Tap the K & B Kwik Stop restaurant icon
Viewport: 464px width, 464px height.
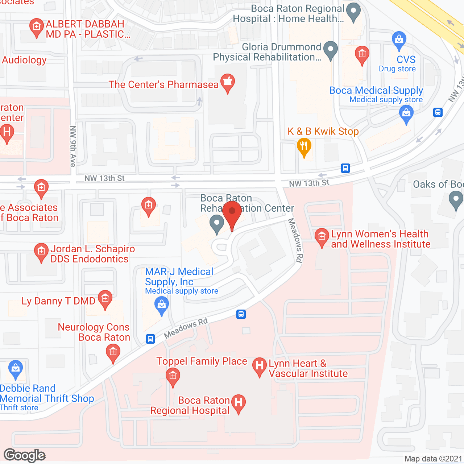coord(304,146)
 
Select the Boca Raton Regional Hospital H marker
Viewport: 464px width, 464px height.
coord(238,403)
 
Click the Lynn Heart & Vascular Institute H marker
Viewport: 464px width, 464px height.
coord(259,366)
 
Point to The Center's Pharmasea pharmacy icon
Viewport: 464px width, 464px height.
coord(227,82)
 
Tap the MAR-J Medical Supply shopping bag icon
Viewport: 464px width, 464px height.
coord(162,305)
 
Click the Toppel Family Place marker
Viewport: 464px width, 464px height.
coord(173,376)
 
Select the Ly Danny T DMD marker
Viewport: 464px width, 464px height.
coord(105,299)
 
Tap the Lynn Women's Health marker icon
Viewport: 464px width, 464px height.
coord(322,237)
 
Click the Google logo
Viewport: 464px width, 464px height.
coord(25,455)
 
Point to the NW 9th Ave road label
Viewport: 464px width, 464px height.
coord(73,146)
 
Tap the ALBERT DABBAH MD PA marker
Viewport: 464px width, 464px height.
coord(36,27)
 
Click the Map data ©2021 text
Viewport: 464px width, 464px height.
coord(433,459)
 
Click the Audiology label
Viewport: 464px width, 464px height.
coord(24,60)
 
